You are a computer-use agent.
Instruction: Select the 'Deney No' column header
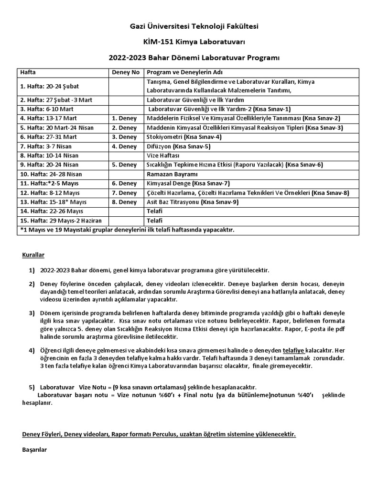[x=125, y=72]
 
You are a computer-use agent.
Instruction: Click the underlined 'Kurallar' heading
[x=33, y=255]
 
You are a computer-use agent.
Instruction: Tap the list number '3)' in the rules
[x=32, y=313]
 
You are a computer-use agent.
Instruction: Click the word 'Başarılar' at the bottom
[x=34, y=451]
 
